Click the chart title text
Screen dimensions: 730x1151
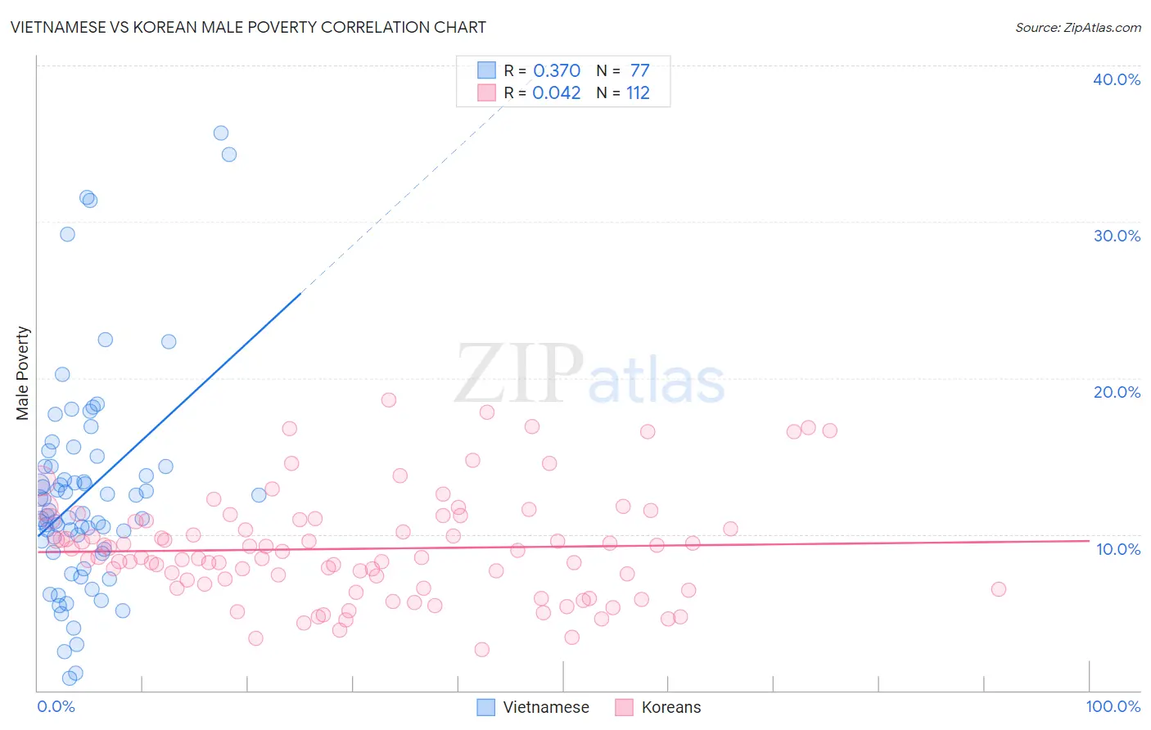248,27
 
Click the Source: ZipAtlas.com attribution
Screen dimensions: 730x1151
1077,27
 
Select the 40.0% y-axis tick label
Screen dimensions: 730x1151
1117,79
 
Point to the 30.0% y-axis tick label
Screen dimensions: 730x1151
1117,236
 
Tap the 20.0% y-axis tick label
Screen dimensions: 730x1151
1117,392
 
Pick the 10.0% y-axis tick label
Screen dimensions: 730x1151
1117,549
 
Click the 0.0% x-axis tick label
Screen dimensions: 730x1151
56,706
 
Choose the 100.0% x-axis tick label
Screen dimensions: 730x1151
1113,706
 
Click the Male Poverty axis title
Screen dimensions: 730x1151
23,373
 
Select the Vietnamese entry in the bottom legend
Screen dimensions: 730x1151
545,707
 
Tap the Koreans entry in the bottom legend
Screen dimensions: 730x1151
670,707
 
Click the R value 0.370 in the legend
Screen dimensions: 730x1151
557,70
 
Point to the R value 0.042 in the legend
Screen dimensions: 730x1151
557,92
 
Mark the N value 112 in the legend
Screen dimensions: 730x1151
638,92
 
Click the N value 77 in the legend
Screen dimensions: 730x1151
639,70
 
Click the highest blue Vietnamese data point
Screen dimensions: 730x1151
221,133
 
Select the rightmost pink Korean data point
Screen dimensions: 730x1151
998,589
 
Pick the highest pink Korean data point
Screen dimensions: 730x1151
389,400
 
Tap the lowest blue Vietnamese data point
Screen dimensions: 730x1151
70,678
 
